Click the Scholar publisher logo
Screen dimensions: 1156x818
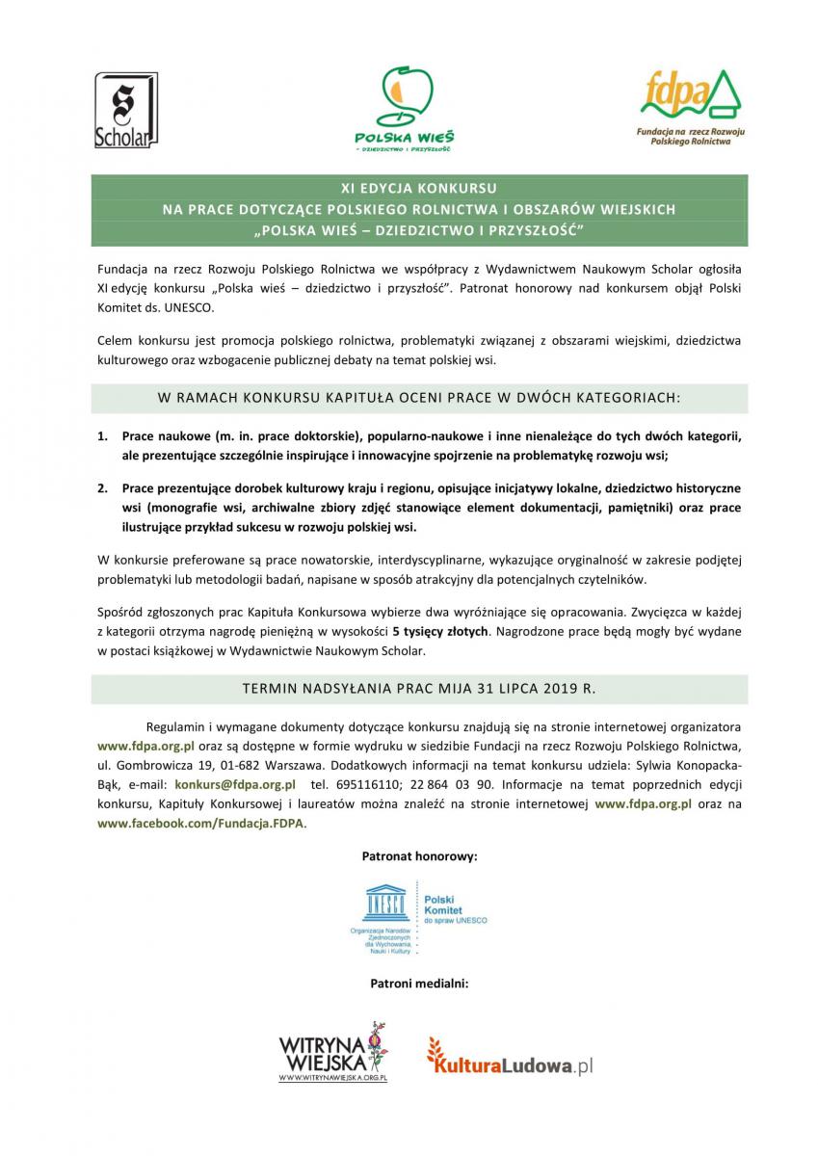(x=125, y=111)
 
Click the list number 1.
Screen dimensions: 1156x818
(x=102, y=436)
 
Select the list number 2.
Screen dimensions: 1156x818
(x=102, y=488)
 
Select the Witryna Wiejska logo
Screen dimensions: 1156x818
(x=332, y=1053)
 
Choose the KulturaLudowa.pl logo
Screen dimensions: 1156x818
(x=511, y=1060)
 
